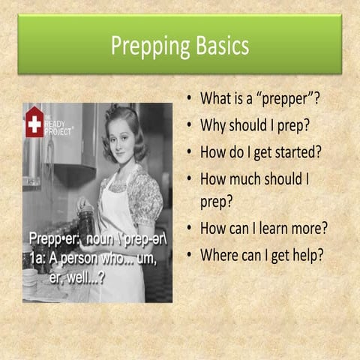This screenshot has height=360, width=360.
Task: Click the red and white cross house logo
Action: pyautogui.click(x=34, y=121)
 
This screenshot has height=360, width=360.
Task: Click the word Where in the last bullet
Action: pyautogui.click(x=218, y=254)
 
